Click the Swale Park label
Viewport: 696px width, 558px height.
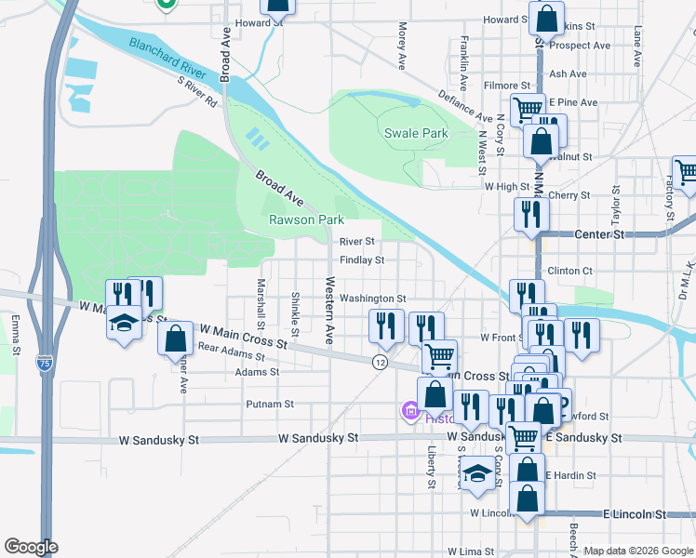pos(416,133)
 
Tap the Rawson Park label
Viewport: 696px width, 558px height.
pos(306,220)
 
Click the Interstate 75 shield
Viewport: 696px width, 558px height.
pos(45,359)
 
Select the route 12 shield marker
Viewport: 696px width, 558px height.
pos(380,360)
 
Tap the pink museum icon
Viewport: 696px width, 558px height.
pos(409,410)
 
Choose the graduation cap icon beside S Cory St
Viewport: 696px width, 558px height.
pos(476,473)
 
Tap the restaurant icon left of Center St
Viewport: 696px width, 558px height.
pos(531,214)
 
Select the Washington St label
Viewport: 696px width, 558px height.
pos(372,299)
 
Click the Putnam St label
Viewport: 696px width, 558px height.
pos(270,405)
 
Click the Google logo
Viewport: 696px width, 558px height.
pos(31,547)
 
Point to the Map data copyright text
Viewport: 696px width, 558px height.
pos(638,551)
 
